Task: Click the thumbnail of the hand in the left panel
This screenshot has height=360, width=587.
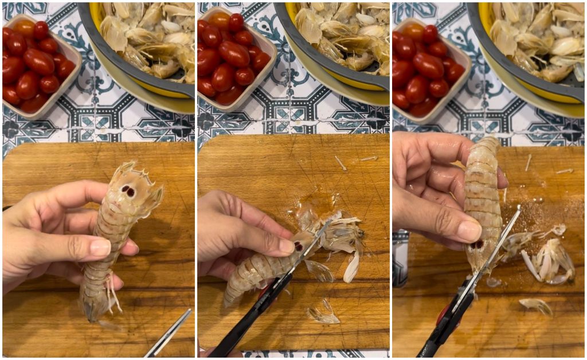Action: tap(100, 246)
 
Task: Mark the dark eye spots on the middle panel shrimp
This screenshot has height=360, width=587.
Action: tap(299, 246)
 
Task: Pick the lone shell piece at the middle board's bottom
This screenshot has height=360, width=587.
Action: tap(322, 314)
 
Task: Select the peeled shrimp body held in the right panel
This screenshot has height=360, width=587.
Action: tap(483, 195)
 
